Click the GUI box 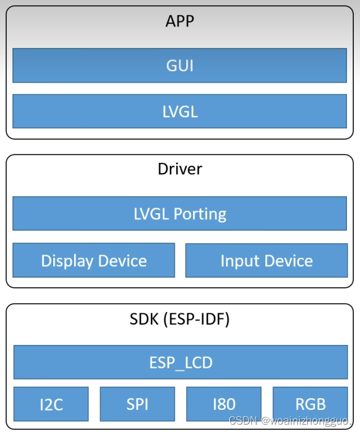click(x=179, y=66)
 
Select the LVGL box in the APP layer click(x=179, y=111)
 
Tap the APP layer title click(x=179, y=21)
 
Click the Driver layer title click(x=179, y=169)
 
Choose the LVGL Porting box click(x=179, y=214)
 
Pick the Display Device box click(x=94, y=261)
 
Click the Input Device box click(x=266, y=261)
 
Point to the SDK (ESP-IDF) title click(x=179, y=319)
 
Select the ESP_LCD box click(x=179, y=362)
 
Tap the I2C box click(x=51, y=404)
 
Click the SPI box click(x=138, y=404)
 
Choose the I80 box click(x=224, y=404)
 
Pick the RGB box click(x=310, y=404)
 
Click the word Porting click(x=200, y=214)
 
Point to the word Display click(x=67, y=261)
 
